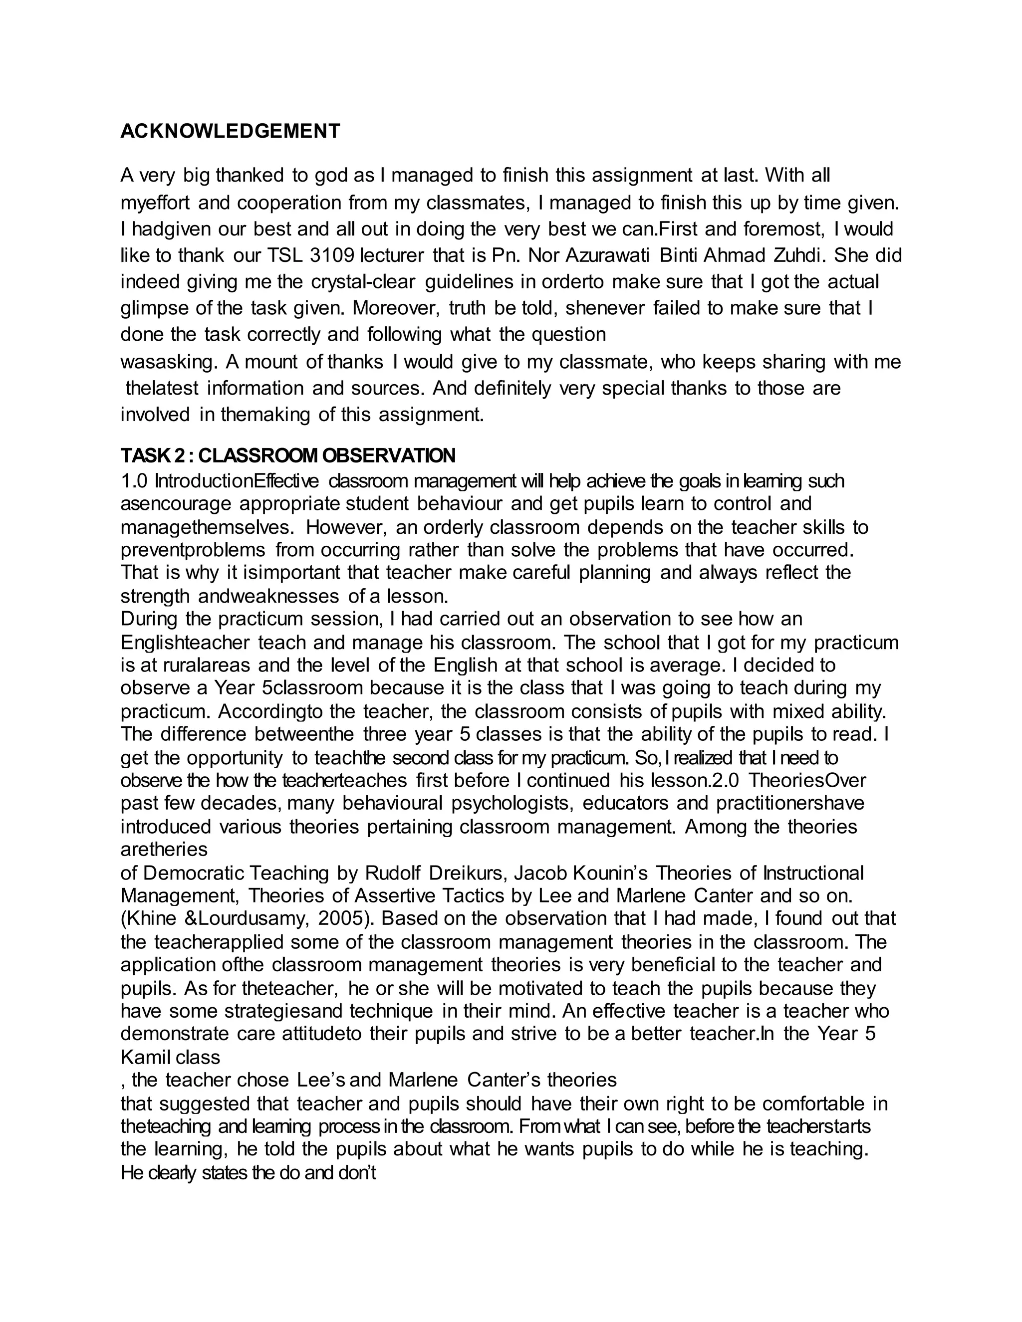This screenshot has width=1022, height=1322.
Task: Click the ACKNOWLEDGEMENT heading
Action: (230, 131)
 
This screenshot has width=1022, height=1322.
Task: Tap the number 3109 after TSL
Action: (331, 255)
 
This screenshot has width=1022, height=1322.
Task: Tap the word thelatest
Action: (162, 388)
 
